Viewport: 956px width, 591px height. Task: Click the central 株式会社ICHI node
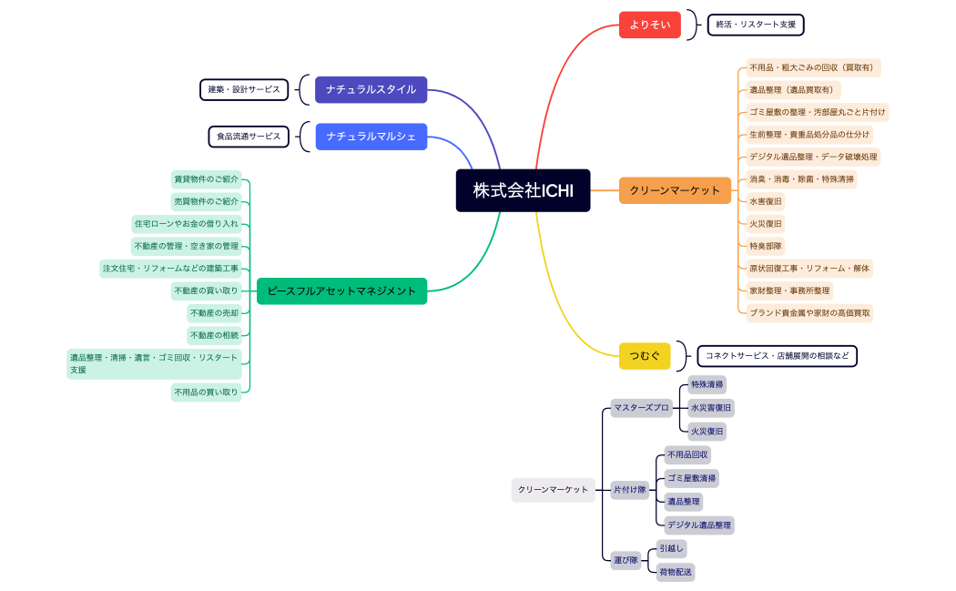coord(523,190)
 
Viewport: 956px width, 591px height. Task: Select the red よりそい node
coord(649,25)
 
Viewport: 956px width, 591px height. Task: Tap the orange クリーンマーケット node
coord(675,190)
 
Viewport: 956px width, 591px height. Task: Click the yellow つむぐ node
coord(645,355)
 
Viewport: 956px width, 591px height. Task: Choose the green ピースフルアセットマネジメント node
coord(341,290)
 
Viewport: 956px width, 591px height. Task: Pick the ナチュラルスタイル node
coord(371,89)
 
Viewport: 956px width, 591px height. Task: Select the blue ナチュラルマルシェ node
coord(371,137)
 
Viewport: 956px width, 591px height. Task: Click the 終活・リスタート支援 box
coord(755,25)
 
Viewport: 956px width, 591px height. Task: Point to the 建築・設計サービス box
coord(244,89)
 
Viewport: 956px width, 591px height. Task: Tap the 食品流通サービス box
coord(249,137)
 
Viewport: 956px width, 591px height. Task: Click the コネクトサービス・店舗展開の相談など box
coord(777,355)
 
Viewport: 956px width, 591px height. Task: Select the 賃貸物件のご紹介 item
coord(206,178)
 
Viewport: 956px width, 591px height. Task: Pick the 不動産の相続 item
coord(214,335)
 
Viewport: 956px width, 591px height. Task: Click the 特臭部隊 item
coord(766,246)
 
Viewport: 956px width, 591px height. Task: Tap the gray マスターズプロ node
coord(641,408)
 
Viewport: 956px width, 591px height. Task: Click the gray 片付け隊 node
coord(629,490)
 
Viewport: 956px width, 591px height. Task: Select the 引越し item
coord(671,548)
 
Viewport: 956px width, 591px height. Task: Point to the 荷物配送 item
coord(676,572)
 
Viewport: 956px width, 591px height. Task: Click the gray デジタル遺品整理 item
coord(698,525)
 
